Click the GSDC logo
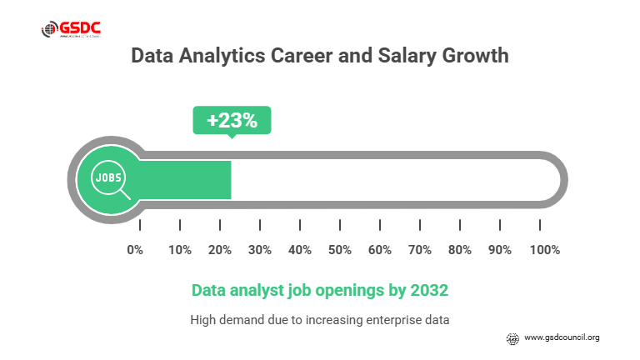[x=72, y=30]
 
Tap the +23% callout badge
[x=232, y=120]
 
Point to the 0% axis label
[x=135, y=250]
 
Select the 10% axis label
[x=180, y=250]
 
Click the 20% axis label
[x=220, y=250]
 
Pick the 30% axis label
[x=260, y=250]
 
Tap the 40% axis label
[x=300, y=250]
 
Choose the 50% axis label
[x=340, y=250]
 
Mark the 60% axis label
[x=380, y=250]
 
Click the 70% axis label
[x=420, y=250]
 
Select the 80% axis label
[x=460, y=250]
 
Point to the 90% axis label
[x=500, y=250]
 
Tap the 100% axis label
[x=544, y=250]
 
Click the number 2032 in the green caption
[x=429, y=291]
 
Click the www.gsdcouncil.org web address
[x=562, y=337]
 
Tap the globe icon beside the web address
[x=513, y=337]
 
